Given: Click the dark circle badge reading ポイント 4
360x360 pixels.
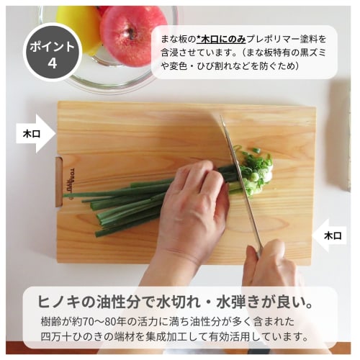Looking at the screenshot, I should (x=52, y=52).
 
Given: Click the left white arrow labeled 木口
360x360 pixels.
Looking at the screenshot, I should (x=35, y=133).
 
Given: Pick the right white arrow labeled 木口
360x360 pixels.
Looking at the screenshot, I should (x=330, y=235).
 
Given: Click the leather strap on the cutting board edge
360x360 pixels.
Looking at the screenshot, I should (x=59, y=181).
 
